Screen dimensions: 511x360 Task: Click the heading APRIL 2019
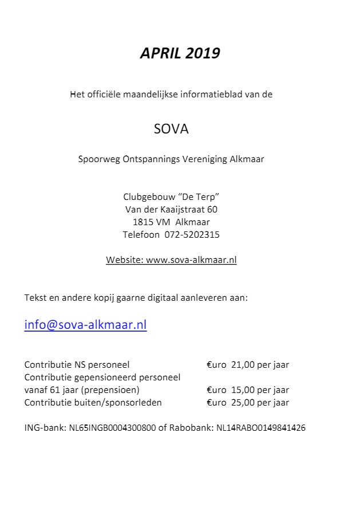click(x=180, y=53)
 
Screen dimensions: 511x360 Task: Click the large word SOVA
click(x=171, y=129)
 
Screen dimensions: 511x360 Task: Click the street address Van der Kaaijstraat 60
click(x=171, y=210)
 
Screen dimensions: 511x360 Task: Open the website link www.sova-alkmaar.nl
click(x=191, y=260)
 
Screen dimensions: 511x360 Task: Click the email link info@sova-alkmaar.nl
click(x=85, y=325)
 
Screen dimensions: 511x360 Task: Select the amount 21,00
click(x=243, y=365)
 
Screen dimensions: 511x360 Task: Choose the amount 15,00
click(x=243, y=390)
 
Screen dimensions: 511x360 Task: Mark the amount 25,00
click(x=243, y=403)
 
